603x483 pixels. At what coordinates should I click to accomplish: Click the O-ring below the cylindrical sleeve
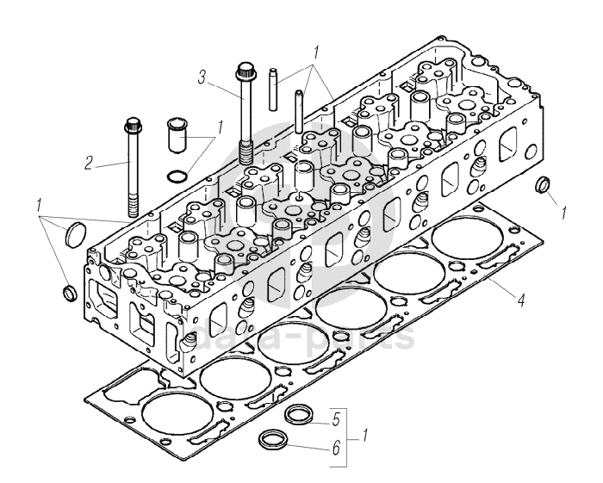point(175,177)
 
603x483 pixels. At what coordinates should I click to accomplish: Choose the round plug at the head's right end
point(544,185)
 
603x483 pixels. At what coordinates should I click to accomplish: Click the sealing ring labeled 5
point(299,412)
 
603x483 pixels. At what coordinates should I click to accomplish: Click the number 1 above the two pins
point(316,52)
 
